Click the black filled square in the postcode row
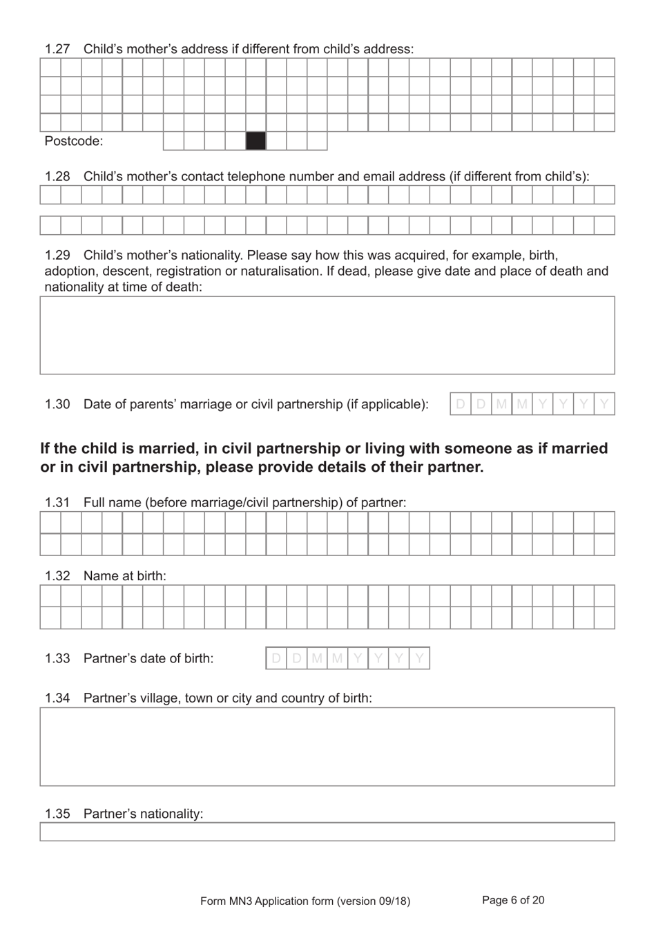255,141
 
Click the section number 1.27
57,49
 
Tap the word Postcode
73,142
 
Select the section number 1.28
57,176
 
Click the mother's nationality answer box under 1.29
327,335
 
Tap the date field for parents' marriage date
532,404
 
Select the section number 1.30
57,404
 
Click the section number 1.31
57,503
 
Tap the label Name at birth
124,576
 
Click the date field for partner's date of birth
347,658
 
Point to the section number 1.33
57,658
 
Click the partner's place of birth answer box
327,746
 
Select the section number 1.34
57,698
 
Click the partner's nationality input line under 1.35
327,832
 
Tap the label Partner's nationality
143,814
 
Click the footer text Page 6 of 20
513,900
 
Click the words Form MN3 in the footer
224,901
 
